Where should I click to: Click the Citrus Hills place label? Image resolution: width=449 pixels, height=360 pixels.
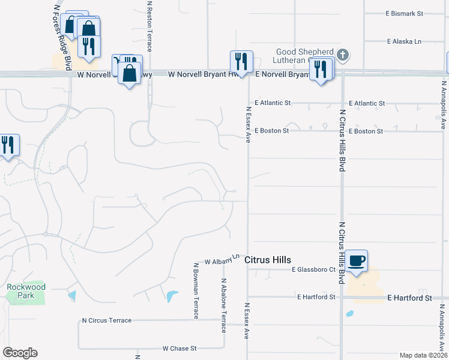click(x=268, y=260)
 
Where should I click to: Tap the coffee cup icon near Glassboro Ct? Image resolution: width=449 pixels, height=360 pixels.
click(x=357, y=260)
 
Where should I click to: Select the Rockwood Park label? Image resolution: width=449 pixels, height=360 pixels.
click(x=26, y=291)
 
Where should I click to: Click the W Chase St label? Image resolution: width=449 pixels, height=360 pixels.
click(x=179, y=348)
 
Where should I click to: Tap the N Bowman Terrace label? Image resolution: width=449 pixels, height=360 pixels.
click(x=196, y=290)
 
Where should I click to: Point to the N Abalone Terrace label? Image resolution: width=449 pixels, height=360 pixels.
click(x=223, y=305)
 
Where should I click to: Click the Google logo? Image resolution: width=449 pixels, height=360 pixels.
click(x=20, y=353)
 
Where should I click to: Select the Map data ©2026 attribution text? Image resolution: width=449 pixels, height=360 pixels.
click(x=423, y=355)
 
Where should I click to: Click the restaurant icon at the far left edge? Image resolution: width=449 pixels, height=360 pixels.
click(x=8, y=145)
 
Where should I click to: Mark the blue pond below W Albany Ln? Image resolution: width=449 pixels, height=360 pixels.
click(x=172, y=296)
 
